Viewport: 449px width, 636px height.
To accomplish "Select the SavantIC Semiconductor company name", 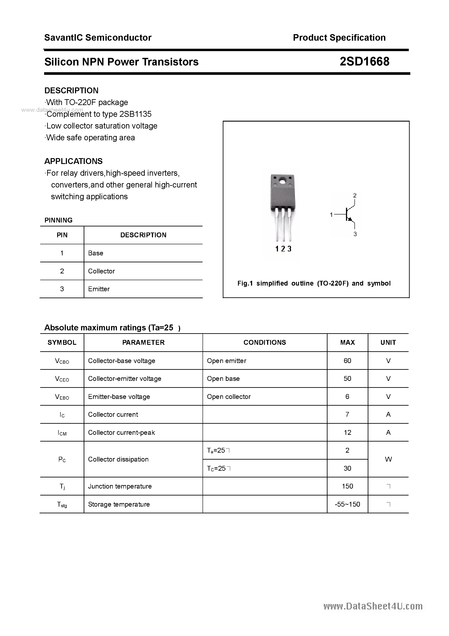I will coord(98,38).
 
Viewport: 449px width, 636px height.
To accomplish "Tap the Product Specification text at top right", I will coord(339,38).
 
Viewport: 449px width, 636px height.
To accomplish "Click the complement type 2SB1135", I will coord(135,114).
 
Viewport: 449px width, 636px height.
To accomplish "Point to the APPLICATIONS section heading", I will coord(73,161).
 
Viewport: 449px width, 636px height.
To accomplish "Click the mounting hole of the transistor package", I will coord(282,182).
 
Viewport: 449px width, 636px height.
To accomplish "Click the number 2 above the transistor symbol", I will coord(355,196).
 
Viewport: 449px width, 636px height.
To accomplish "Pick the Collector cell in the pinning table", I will coord(101,271).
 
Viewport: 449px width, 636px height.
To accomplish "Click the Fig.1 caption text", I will coord(314,283).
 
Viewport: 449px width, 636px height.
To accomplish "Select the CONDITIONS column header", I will coord(265,343).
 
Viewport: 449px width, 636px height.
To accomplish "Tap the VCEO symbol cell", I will coord(62,379).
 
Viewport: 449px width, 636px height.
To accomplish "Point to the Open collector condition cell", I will coord(229,397).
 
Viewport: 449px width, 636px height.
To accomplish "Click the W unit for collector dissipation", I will coord(388,459).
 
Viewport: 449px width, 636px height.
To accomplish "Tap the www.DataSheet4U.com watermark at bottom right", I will coord(373,606).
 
